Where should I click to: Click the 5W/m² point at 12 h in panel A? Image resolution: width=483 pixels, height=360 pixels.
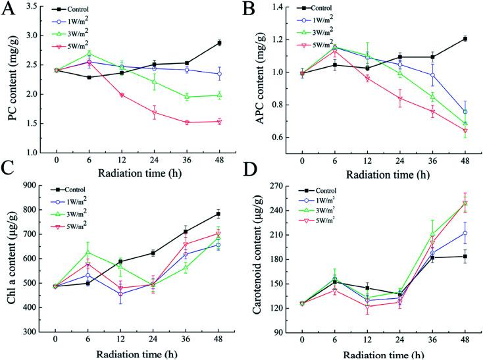[x=122, y=95]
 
